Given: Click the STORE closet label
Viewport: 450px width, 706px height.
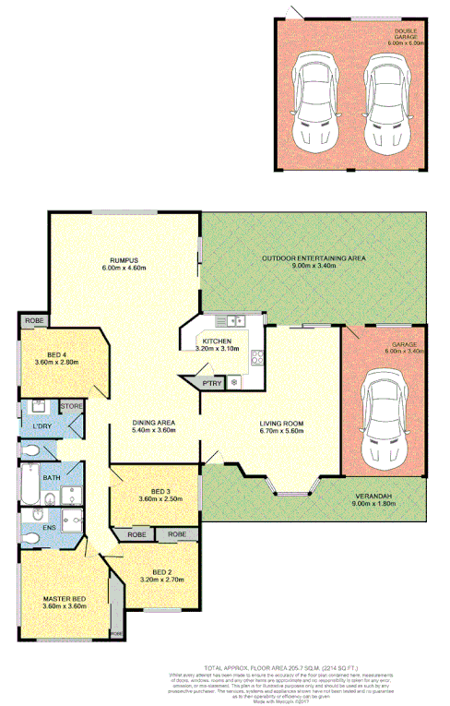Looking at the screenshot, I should click(71, 405).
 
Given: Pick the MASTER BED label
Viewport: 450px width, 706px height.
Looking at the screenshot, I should click(64, 598).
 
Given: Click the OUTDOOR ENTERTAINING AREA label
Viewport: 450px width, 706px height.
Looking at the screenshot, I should click(314, 258).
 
